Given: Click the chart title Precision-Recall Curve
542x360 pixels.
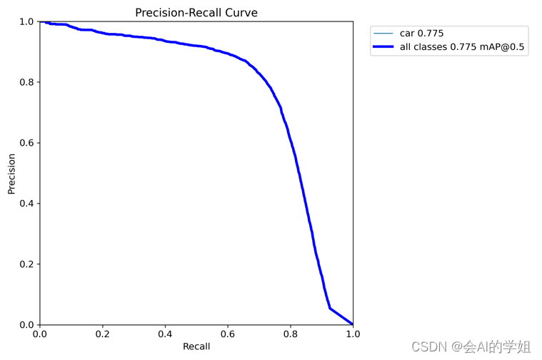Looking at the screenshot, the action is pos(196,13).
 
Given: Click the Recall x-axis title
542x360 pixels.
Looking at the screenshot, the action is pos(196,346).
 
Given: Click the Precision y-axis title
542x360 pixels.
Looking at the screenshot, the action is pos(11,174).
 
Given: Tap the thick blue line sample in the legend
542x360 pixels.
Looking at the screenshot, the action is pos(383,46).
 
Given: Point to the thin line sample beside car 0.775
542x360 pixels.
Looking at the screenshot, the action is pos(383,34).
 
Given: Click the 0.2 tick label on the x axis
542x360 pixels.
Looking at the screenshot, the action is pos(102,334).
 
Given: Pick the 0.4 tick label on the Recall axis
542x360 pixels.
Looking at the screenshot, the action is pos(165,334).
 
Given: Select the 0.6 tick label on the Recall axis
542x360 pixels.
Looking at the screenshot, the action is pos(228,334).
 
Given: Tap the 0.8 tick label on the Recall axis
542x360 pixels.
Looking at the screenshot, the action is pos(291,334).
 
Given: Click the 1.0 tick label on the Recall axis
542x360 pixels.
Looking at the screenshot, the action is pos(353,334).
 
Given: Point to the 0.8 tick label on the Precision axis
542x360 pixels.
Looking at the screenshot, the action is pos(27,82).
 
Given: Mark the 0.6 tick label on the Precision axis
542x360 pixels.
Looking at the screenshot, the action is pos(27,143).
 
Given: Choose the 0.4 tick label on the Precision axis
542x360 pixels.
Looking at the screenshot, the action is pos(27,204).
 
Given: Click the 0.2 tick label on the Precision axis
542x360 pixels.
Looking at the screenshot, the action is pos(27,264).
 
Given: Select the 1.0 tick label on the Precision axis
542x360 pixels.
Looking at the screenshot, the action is pos(27,22).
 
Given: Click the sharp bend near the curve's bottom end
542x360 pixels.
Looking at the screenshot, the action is pos(330,308).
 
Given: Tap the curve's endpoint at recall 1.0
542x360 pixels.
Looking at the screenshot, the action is pos(353,324).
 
